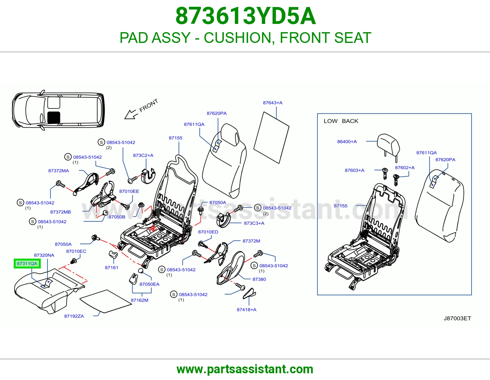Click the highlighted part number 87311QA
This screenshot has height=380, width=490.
coord(27,263)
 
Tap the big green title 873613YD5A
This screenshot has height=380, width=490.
coord(246,16)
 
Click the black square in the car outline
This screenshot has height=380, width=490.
coord(54,117)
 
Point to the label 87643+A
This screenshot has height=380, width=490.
coord(273,103)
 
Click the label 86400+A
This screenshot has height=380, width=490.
coord(347,142)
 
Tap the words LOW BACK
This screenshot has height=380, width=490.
coord(341,121)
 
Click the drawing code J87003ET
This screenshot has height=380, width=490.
coord(457,318)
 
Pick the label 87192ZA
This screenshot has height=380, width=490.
coord(74,316)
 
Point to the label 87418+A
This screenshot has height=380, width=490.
coord(247,310)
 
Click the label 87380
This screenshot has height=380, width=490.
coord(259,279)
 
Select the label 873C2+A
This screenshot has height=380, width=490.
coord(143,155)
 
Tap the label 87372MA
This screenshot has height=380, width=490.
coord(58,171)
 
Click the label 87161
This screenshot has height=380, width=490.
coord(111,268)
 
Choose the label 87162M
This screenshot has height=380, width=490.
coord(140,300)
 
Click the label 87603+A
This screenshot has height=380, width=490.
coord(354,170)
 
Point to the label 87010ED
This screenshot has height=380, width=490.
coord(208,232)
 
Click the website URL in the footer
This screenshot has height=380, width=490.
coord(245,369)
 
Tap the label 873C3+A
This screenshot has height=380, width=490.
coord(254,223)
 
